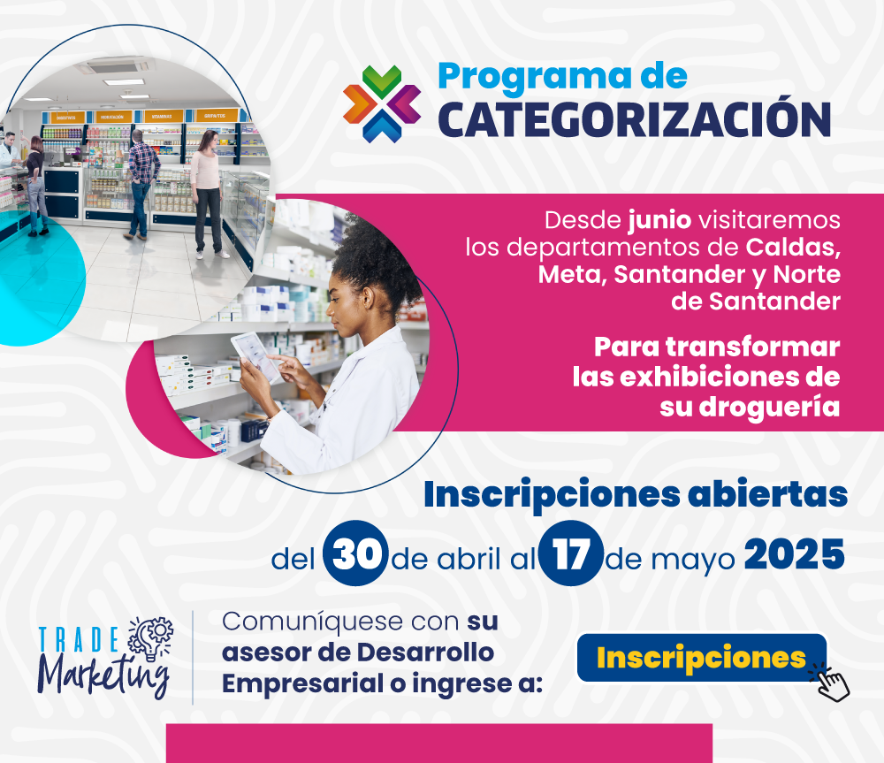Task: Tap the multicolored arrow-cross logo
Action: click(x=382, y=103)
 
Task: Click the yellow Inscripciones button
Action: click(x=701, y=658)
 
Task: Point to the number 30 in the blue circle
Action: click(x=355, y=553)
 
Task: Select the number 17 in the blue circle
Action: click(x=570, y=553)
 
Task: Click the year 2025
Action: click(x=795, y=554)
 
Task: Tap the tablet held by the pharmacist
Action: click(x=256, y=356)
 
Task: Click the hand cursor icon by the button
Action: click(x=832, y=683)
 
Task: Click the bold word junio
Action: click(x=659, y=220)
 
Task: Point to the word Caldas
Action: click(x=793, y=247)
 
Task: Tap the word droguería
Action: click(x=770, y=408)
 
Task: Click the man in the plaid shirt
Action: click(x=141, y=184)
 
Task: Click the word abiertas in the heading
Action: click(x=767, y=494)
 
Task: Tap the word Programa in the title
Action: click(x=535, y=77)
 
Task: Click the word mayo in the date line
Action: click(x=693, y=561)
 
